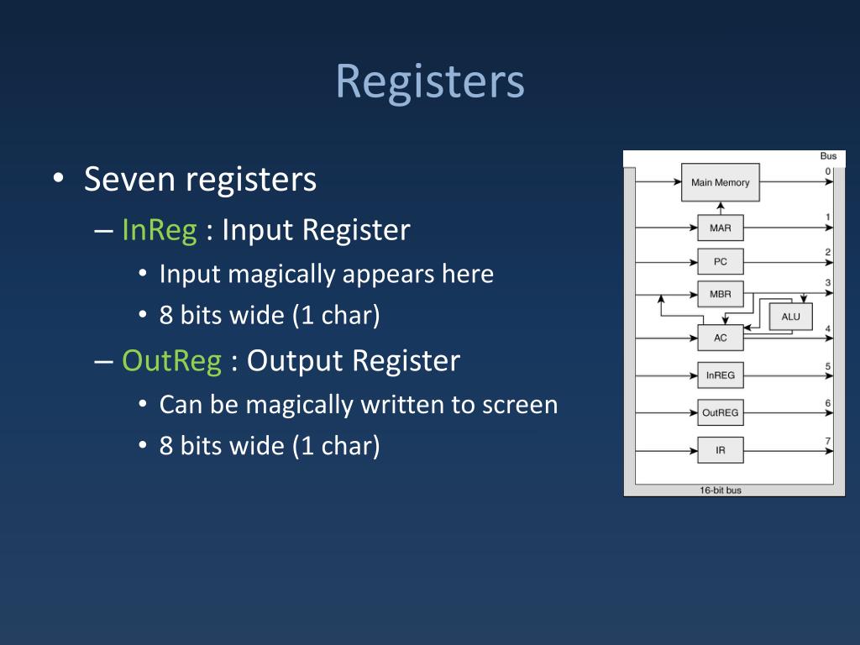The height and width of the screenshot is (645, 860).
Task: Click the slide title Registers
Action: (430, 82)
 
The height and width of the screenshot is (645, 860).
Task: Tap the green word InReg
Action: (159, 230)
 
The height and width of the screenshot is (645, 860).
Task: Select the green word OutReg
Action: (171, 360)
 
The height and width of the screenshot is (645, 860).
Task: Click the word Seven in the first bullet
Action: (130, 180)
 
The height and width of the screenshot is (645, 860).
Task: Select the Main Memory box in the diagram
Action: (720, 182)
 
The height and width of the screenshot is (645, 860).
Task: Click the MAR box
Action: (720, 228)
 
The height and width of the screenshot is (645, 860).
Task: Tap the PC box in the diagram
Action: (720, 261)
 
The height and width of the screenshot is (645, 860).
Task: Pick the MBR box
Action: (720, 295)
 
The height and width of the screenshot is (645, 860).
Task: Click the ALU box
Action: (790, 317)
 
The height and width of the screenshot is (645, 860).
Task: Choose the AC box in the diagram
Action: (720, 338)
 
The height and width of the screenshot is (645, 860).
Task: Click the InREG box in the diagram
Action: (720, 375)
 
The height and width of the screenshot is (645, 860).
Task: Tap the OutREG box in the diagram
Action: (720, 412)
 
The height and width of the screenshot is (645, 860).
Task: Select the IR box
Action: (720, 450)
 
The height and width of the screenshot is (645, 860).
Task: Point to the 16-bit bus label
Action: (721, 490)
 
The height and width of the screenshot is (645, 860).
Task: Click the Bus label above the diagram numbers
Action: (828, 156)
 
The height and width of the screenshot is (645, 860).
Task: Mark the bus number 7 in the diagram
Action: (828, 441)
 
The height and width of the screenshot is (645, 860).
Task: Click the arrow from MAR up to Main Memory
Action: (720, 208)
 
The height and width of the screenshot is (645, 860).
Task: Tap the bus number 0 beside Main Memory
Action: (828, 171)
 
